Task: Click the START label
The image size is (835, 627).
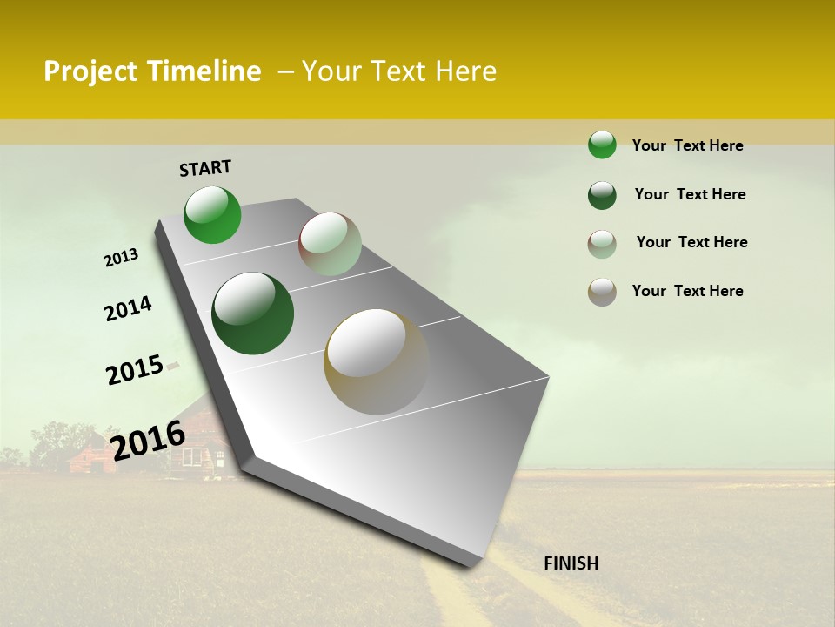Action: tap(205, 168)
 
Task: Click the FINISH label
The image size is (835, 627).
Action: tap(571, 563)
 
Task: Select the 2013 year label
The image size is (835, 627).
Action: tap(121, 258)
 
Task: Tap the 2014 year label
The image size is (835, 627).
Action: tap(128, 308)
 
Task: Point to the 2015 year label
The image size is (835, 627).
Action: tap(135, 369)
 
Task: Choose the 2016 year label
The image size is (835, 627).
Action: tap(148, 440)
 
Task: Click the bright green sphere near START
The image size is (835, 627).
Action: tap(212, 214)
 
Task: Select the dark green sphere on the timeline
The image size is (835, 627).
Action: tap(253, 313)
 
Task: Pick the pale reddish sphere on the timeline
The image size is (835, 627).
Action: tap(330, 244)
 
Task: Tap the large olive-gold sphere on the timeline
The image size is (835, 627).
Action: tap(377, 361)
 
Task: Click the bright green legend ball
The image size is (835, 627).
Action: tap(602, 145)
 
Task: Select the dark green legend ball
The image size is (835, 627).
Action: tap(602, 195)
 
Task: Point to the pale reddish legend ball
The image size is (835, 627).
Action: tap(602, 244)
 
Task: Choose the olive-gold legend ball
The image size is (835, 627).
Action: tap(602, 292)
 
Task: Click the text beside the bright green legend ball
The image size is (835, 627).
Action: tap(687, 145)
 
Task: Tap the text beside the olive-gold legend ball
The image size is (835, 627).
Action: tap(687, 291)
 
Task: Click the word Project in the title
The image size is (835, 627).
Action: tap(89, 71)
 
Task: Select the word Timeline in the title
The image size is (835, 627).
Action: tap(204, 71)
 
